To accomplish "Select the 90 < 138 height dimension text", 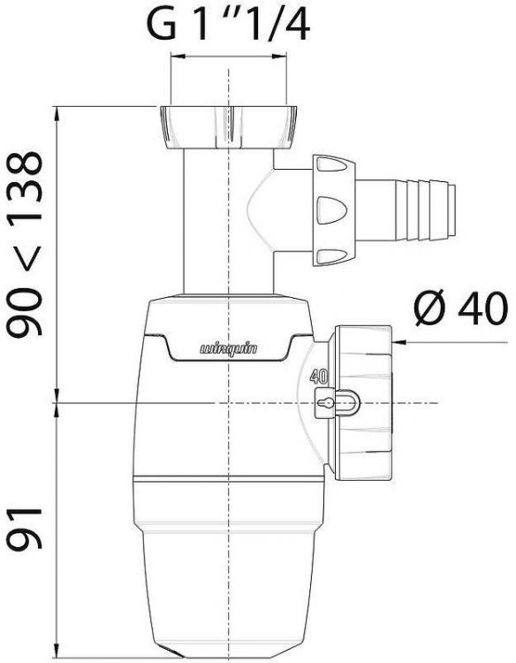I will pyautogui.click(x=23, y=244).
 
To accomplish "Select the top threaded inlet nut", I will pyautogui.click(x=229, y=126).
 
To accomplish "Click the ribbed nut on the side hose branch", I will pyautogui.click(x=332, y=209).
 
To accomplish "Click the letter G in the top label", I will pyautogui.click(x=162, y=27).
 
